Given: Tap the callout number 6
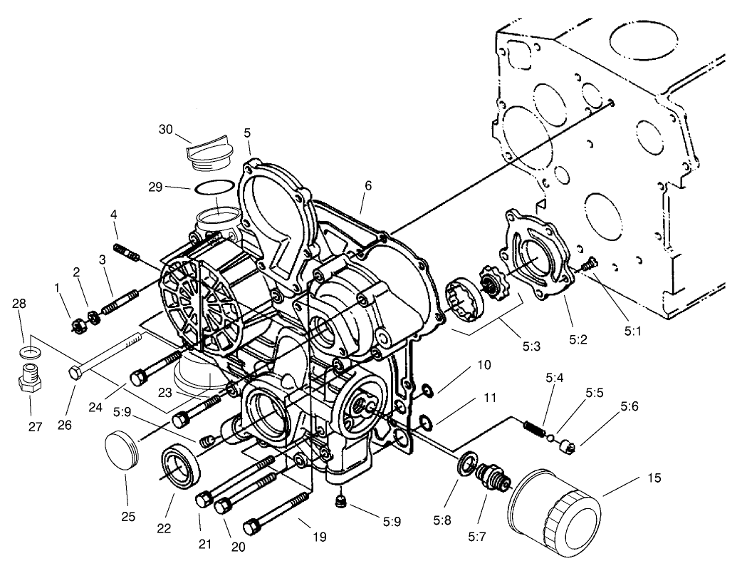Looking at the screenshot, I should pos(367,185).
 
